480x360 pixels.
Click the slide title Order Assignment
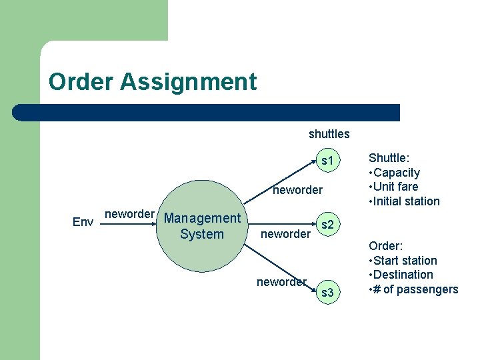coord(152,82)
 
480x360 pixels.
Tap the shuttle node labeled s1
coord(327,161)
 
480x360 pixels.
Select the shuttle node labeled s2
coord(327,225)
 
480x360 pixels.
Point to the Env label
coord(82,222)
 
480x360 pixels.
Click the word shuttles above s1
coord(329,134)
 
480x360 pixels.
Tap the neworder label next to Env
coord(130,214)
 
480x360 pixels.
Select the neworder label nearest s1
coord(297,191)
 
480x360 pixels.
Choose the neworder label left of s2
coord(285,234)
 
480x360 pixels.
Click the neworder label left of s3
coord(281,282)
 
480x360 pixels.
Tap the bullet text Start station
coord(405,261)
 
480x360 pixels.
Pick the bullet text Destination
coord(403,275)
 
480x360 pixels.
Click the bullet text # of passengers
coord(416,289)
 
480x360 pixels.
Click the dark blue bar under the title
coord(207,113)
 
